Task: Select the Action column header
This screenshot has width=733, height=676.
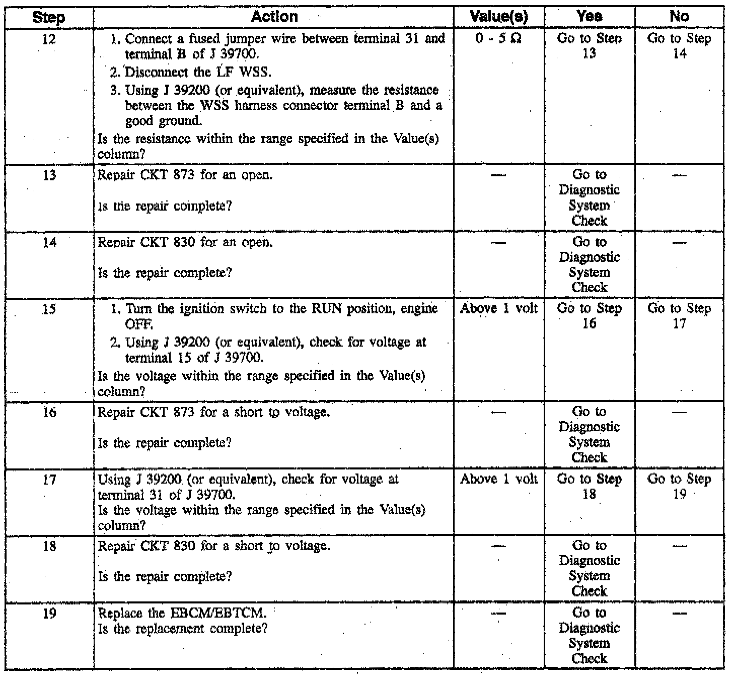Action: [x=274, y=17]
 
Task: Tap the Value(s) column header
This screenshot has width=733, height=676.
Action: [x=498, y=17]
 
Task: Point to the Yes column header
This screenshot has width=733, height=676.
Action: [x=590, y=17]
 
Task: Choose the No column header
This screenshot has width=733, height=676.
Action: [x=679, y=17]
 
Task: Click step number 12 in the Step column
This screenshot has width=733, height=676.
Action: [x=49, y=39]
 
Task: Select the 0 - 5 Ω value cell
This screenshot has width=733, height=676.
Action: [x=498, y=39]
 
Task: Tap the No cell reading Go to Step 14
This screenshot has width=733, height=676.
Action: [x=679, y=46]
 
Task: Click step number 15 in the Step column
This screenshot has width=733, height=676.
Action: [x=49, y=309]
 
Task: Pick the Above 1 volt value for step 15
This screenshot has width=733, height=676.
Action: [x=499, y=309]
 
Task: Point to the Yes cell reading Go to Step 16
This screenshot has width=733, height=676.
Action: [x=589, y=316]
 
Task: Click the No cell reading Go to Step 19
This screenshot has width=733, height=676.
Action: [x=679, y=486]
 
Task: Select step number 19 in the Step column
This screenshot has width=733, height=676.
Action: [x=49, y=614]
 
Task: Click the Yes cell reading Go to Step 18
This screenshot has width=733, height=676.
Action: [x=589, y=486]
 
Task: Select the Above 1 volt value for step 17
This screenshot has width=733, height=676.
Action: [x=499, y=479]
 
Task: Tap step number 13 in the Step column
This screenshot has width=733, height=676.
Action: [x=49, y=176]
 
